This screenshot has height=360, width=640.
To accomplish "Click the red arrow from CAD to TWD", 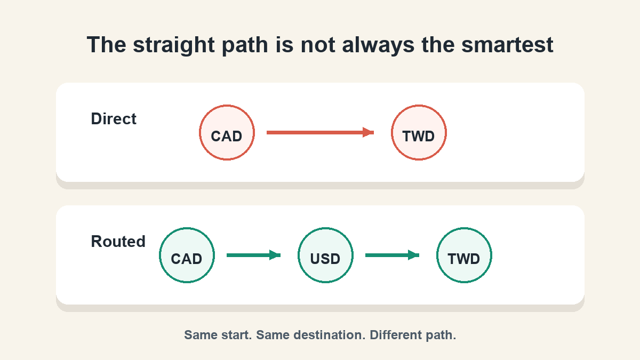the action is (x=320, y=132).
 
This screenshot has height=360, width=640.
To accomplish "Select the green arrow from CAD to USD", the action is (x=253, y=255).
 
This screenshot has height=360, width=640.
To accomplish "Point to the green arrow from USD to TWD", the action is (x=392, y=255).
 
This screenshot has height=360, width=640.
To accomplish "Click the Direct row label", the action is (x=114, y=118).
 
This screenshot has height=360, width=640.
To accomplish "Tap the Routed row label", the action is (x=118, y=241).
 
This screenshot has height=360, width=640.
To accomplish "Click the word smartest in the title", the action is (x=507, y=45).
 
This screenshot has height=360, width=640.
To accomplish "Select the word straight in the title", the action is (x=174, y=46).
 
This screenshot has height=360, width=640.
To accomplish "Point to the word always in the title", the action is (x=378, y=46).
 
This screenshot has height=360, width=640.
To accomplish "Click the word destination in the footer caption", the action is (x=310, y=335).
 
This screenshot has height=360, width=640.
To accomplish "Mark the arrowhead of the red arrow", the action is (x=369, y=132).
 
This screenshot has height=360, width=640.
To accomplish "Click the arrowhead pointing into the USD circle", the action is (x=275, y=255).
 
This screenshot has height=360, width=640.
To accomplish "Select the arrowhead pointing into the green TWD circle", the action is (x=413, y=255).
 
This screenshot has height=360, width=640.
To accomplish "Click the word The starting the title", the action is (x=106, y=45).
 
